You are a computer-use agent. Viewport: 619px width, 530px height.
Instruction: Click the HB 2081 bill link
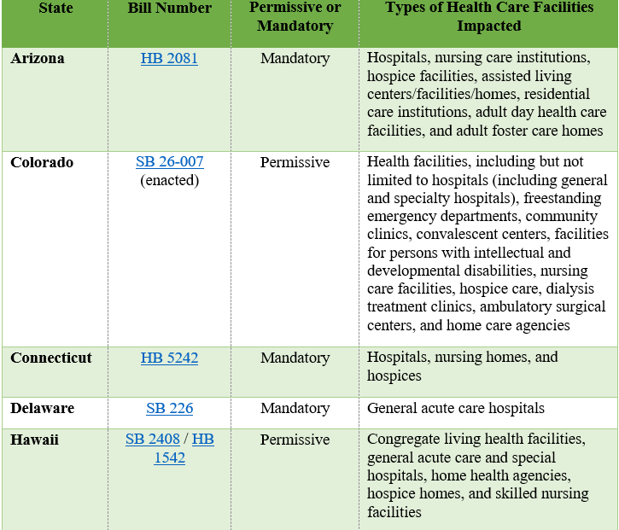click(169, 59)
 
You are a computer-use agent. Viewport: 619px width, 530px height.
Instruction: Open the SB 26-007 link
click(169, 162)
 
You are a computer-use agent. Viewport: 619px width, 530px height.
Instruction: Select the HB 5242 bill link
click(169, 358)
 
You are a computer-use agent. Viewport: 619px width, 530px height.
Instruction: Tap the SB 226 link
click(169, 408)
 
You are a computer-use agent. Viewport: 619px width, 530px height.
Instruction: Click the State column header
click(55, 9)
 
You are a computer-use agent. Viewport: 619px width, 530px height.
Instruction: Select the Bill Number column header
click(169, 9)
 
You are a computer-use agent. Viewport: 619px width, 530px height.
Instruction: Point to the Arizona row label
click(37, 59)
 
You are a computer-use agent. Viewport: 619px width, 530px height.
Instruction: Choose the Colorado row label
click(42, 162)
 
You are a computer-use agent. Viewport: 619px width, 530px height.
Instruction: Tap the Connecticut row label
click(50, 358)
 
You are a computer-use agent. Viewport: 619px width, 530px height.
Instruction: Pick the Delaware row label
click(42, 408)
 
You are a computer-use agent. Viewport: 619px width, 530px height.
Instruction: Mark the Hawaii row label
click(35, 440)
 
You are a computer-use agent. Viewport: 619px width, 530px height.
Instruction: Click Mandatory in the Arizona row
click(295, 59)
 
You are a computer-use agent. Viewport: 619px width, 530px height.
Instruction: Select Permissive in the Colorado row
click(295, 162)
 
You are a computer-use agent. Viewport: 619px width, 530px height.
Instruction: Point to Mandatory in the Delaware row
click(295, 408)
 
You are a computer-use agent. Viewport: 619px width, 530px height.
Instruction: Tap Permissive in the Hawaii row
click(295, 440)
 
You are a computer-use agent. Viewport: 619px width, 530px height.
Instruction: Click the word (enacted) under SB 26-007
click(169, 180)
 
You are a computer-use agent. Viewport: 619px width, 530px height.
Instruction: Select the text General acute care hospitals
click(455, 408)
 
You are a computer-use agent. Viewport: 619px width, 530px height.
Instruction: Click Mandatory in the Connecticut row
click(295, 358)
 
